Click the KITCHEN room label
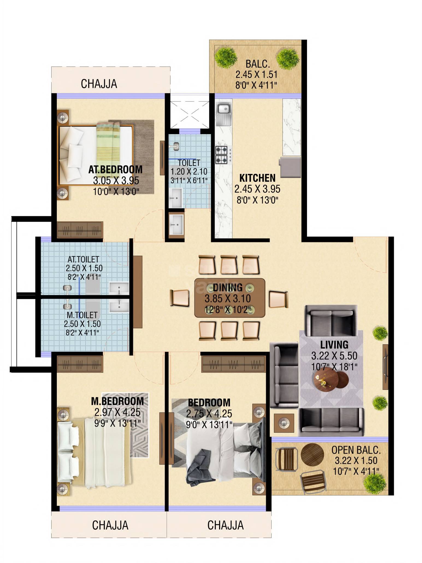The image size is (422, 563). tap(257, 178)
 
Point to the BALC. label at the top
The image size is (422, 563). tap(258, 64)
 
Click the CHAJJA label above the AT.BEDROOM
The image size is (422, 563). tap(99, 84)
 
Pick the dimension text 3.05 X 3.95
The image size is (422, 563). tap(116, 180)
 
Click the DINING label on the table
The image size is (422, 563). tap(228, 287)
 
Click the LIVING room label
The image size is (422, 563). tap(334, 344)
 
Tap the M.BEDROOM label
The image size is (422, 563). tap(117, 401)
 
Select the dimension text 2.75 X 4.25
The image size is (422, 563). tap(209, 414)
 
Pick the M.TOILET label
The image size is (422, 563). tap(82, 315)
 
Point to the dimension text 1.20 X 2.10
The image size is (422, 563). tap(189, 171)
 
